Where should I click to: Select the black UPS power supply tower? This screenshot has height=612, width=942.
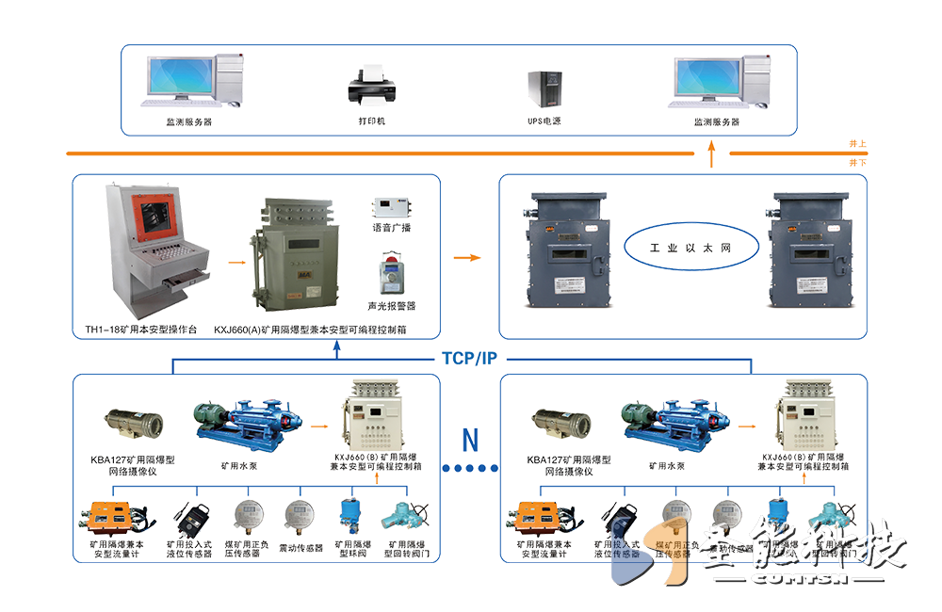click(x=544, y=88)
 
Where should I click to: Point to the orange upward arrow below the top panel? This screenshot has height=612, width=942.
click(x=711, y=155)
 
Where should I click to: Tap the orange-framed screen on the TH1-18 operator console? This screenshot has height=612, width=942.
click(x=154, y=216)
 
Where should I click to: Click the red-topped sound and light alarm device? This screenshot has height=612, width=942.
click(x=391, y=274)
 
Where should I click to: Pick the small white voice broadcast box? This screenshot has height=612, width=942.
click(x=391, y=206)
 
